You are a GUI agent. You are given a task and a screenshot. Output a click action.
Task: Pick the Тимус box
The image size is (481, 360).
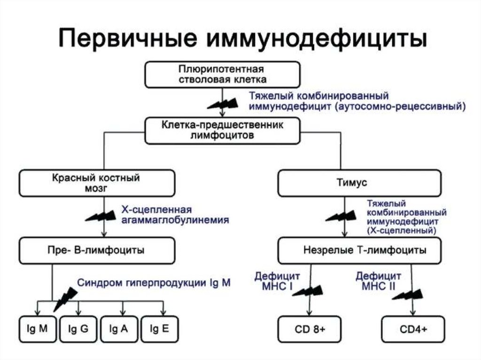pos(360,183)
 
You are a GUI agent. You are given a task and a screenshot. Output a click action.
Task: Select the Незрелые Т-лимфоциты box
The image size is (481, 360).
pos(360,251)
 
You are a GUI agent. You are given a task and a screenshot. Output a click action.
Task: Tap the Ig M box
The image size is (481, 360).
pos(37,329)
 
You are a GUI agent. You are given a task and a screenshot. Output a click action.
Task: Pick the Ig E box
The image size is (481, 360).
pos(159,329)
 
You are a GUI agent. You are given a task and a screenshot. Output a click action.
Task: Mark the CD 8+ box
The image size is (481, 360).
pos(309,329)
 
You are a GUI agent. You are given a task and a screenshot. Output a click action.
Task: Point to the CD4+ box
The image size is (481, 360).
pos(413,329)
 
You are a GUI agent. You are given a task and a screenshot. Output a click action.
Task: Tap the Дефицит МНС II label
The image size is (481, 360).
pos(378,280)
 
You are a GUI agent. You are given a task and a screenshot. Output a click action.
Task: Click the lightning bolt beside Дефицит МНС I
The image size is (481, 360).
pos(303,291)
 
